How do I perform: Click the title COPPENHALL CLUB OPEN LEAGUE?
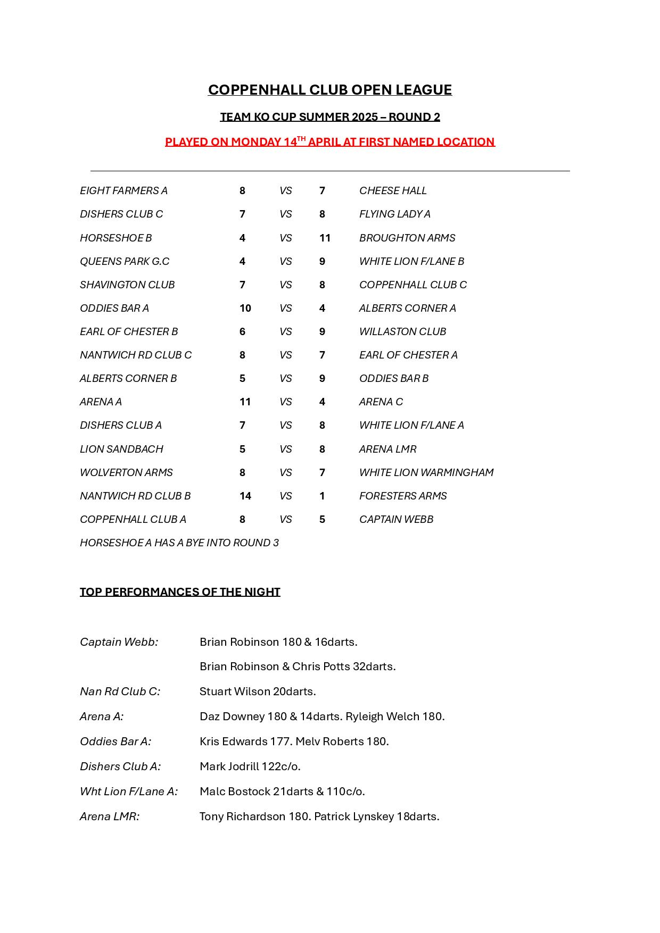click(x=329, y=90)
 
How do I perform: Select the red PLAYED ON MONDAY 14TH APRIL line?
click(x=329, y=142)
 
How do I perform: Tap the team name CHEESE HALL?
click(x=393, y=190)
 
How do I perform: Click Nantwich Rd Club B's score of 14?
click(x=245, y=496)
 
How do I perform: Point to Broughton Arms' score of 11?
click(x=325, y=238)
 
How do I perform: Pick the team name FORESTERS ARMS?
click(x=403, y=496)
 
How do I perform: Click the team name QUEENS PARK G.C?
click(x=125, y=261)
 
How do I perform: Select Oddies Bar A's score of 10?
click(x=245, y=308)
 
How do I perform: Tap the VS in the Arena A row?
click(x=286, y=402)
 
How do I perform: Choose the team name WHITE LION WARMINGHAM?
click(x=426, y=472)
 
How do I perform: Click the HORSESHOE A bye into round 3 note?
click(x=179, y=543)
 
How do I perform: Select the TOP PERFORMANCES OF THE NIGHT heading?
click(x=180, y=592)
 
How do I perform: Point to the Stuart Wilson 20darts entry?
click(x=258, y=692)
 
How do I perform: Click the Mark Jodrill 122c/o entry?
click(x=250, y=767)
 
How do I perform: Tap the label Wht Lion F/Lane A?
click(x=129, y=792)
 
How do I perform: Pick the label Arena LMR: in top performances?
click(x=110, y=817)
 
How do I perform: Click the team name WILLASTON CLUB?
click(x=402, y=331)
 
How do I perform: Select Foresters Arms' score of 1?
click(x=322, y=496)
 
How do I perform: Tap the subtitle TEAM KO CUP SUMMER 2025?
click(x=329, y=117)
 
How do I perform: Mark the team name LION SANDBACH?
click(x=121, y=449)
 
